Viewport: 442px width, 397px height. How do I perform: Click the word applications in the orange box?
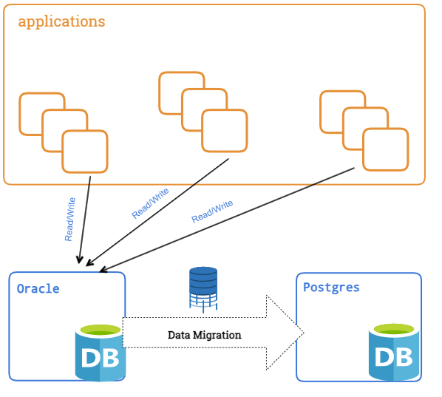[x=61, y=22]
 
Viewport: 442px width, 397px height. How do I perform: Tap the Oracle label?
[x=38, y=289]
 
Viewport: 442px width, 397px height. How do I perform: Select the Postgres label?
[x=331, y=288]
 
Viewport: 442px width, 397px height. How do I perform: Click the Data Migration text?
[x=204, y=335]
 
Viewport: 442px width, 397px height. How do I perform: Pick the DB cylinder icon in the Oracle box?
[x=101, y=353]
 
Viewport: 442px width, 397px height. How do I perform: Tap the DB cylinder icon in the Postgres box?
[x=394, y=352]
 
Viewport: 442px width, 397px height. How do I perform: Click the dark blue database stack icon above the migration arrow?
[x=203, y=290]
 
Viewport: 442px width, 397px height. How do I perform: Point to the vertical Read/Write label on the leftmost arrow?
[x=70, y=220]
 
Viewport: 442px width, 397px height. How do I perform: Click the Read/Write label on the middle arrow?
[x=150, y=203]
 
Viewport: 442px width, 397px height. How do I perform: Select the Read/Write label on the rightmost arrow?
[x=212, y=211]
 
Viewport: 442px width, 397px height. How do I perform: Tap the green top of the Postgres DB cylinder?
[x=394, y=329]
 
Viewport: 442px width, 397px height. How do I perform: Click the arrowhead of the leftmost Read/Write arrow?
[x=80, y=260]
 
